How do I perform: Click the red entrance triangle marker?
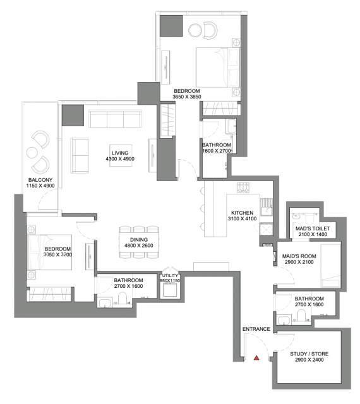pos(256,358)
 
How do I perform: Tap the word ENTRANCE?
pos(256,329)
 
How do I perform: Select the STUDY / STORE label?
pos(309,354)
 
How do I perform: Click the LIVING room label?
pos(120,153)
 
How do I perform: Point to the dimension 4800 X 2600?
pos(139,246)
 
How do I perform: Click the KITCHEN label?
pos(242,213)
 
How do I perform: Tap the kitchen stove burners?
pos(243,187)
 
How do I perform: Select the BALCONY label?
pos(40,180)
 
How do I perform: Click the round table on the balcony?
pos(32,152)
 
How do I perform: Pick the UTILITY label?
pos(170,276)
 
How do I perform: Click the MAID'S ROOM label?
pos(299,256)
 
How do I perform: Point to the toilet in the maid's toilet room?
pos(309,219)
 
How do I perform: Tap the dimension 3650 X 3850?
pos(187,97)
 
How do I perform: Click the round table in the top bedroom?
pos(195,30)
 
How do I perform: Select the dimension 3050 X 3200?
pos(57,255)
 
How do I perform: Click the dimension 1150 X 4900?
pos(40,186)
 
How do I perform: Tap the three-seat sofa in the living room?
pos(115,119)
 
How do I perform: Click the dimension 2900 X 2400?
pos(309,360)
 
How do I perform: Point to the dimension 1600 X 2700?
pos(217,151)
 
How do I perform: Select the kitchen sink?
pos(266,207)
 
